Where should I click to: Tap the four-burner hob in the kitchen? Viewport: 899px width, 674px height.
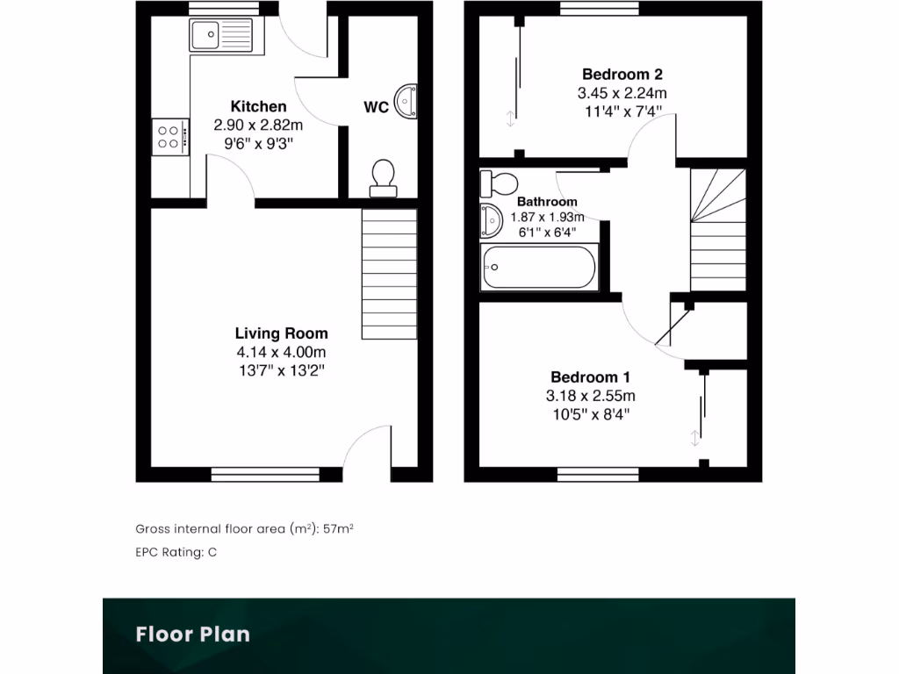169,137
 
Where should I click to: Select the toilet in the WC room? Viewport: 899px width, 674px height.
382,176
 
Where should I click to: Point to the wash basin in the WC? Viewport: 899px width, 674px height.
406,101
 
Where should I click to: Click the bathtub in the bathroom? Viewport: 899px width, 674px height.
539,268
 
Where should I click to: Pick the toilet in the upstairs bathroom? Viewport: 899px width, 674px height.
498,183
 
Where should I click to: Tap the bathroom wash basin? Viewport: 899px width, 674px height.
490,220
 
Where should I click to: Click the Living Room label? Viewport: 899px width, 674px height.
281,333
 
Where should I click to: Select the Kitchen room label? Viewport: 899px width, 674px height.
258,107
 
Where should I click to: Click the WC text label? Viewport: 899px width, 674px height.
377,108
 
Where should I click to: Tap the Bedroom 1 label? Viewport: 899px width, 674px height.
590,377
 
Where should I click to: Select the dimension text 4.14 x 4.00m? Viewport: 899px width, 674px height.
281,352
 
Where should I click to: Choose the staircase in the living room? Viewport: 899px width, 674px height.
389,273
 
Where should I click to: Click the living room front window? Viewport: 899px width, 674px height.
265,475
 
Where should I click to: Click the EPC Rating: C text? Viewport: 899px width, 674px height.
176,552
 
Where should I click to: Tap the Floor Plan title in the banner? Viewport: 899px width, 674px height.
192,634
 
